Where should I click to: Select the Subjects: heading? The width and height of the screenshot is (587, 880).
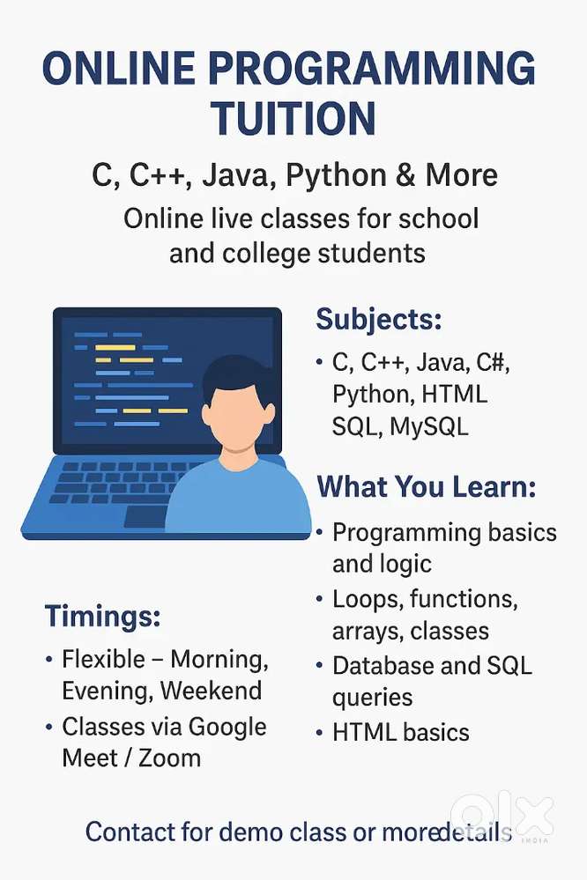point(378,319)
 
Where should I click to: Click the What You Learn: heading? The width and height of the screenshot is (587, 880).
point(427,486)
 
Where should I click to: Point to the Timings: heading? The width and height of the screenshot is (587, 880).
point(102,616)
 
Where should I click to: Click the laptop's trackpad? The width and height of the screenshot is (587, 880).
point(145,516)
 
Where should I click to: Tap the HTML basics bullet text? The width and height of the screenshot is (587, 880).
point(401,731)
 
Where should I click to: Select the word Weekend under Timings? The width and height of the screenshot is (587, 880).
point(211,691)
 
